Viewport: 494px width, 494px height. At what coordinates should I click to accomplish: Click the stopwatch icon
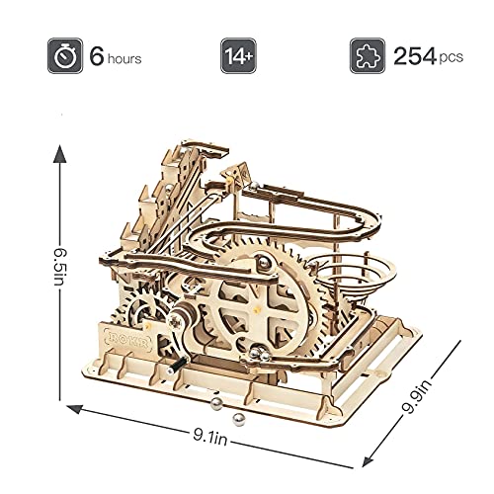[x=65, y=56]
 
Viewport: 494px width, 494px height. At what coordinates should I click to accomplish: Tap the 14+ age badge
[x=238, y=56]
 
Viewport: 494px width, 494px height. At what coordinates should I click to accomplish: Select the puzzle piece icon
[x=368, y=56]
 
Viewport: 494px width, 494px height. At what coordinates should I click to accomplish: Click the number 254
[x=415, y=56]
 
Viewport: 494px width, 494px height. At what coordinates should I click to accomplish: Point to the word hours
[x=124, y=59]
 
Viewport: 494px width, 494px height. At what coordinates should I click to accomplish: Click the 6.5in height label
[x=60, y=267]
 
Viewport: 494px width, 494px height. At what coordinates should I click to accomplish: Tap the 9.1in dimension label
[x=210, y=437]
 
